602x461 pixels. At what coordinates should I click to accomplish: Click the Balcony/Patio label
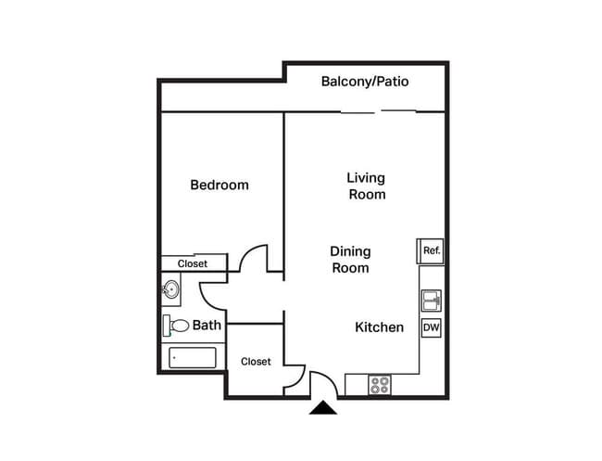tap(365, 82)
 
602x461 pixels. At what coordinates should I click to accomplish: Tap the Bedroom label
tap(219, 185)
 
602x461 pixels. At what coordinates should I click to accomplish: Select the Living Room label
tap(366, 186)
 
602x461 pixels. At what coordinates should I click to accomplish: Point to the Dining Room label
tap(350, 260)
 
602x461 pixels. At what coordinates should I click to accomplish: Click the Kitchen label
tap(380, 327)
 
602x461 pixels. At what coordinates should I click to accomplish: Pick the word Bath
tap(207, 326)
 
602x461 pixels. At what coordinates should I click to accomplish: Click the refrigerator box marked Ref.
tap(431, 250)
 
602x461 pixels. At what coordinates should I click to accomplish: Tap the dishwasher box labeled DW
tap(431, 327)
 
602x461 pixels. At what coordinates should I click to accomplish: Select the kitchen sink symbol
tap(431, 301)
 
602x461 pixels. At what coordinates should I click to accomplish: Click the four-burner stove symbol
tap(379, 385)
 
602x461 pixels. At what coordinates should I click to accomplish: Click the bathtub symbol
tap(193, 357)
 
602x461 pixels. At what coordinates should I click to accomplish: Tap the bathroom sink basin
tap(170, 290)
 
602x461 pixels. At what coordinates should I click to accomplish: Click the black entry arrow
tap(323, 407)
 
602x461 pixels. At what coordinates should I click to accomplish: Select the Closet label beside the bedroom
tap(193, 263)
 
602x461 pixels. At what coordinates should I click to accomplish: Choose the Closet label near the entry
tap(256, 361)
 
